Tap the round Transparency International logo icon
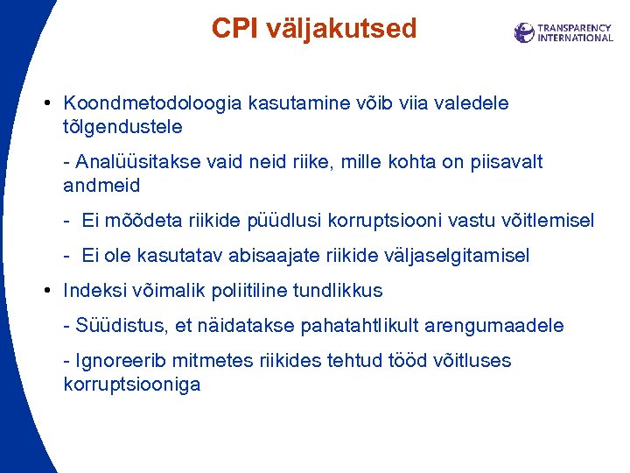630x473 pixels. [524, 32]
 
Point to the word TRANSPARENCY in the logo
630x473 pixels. [575, 27]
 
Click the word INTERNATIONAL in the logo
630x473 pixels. [575, 38]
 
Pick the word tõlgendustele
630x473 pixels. [122, 126]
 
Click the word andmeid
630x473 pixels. [101, 185]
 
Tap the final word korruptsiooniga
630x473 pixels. [132, 384]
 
